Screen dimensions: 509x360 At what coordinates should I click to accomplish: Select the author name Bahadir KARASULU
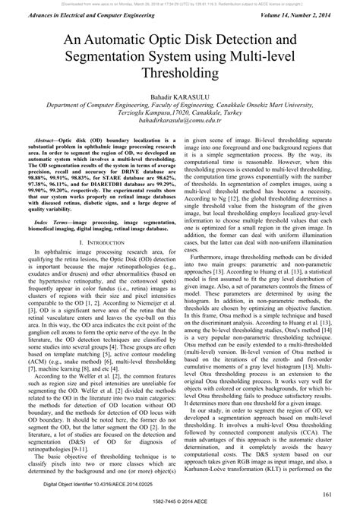tap(180, 98)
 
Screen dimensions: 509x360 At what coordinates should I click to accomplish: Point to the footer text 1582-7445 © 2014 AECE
tap(180, 503)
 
